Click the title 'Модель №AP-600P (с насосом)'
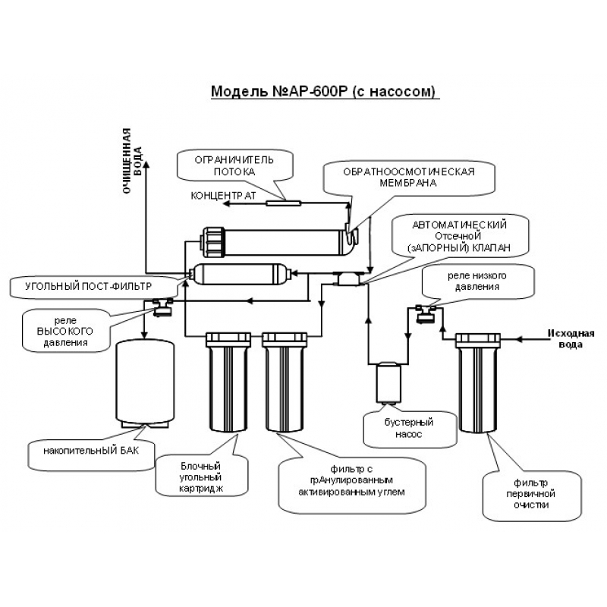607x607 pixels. pos(325,92)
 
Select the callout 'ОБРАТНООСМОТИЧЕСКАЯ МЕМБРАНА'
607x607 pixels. pos(398,177)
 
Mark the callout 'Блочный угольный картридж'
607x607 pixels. pos(201,476)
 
